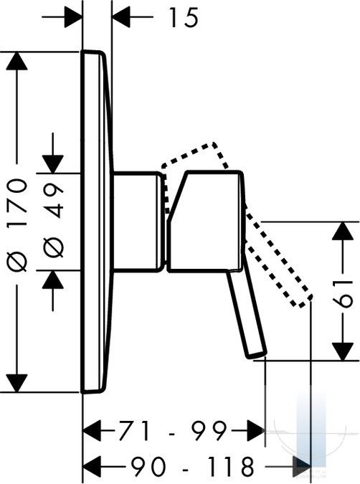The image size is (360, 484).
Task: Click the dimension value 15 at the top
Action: [x=183, y=18]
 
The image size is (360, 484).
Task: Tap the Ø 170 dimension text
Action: [x=17, y=225]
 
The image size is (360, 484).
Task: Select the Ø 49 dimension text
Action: [x=53, y=221]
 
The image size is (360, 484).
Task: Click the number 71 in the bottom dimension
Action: [x=133, y=431]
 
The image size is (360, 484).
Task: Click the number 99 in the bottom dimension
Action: [x=209, y=431]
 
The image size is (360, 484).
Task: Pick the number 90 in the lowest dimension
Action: [x=148, y=466]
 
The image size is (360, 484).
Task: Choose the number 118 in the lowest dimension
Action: [x=230, y=466]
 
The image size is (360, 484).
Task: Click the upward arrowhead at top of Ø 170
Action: [x=16, y=61]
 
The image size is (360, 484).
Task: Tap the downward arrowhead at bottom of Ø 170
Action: [x=16, y=383]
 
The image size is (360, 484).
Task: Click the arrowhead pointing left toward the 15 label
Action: [x=121, y=16]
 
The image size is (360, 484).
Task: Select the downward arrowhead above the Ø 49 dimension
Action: [x=53, y=164]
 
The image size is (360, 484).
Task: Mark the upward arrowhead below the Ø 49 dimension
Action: [x=53, y=280]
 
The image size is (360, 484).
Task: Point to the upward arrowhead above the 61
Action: [x=343, y=231]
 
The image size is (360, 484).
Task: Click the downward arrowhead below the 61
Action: [x=343, y=351]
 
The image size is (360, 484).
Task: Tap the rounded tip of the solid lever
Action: [x=257, y=354]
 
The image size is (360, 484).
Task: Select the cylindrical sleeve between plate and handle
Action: [x=138, y=222]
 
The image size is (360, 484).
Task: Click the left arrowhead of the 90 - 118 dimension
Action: [x=93, y=466]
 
